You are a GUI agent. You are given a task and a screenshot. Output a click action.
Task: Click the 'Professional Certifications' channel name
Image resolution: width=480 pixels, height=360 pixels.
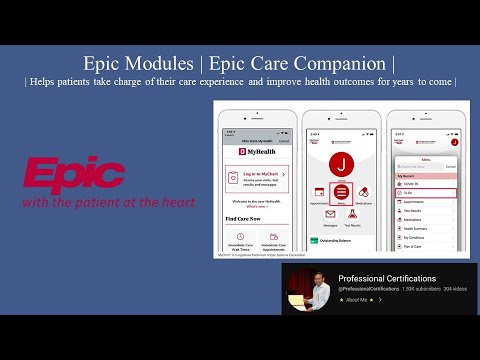pos(386,278)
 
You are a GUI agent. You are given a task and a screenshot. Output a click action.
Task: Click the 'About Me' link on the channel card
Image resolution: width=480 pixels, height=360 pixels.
pos(357,299)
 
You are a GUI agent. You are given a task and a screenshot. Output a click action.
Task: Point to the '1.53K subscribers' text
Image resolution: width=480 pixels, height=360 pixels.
pos(409,288)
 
